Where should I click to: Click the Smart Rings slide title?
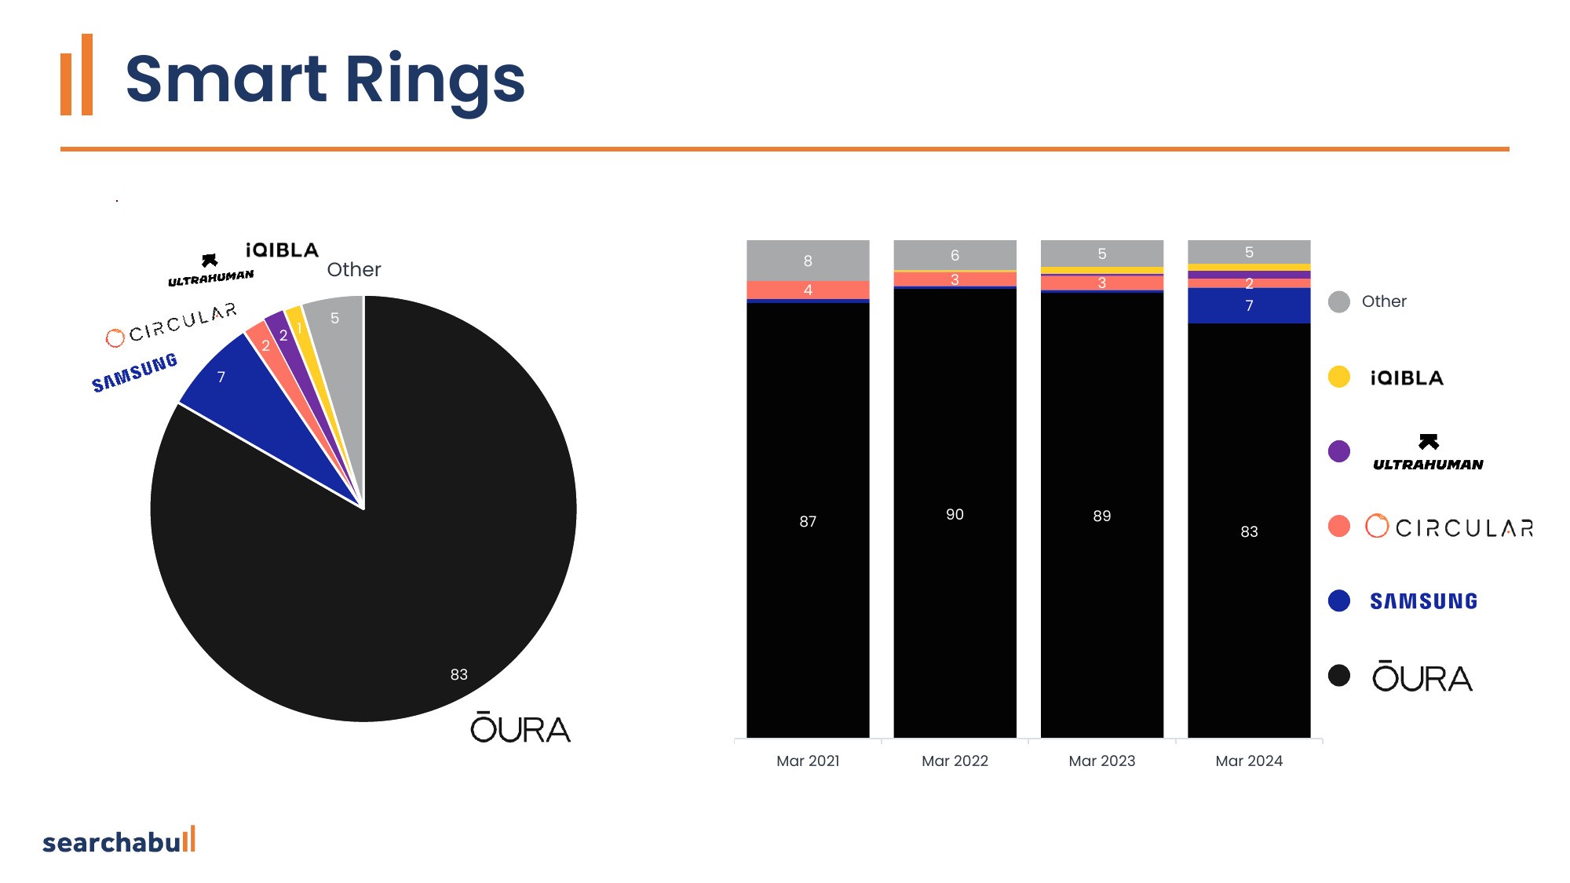click(x=325, y=79)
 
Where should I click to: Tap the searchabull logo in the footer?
click(x=119, y=841)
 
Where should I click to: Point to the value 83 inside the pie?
click(x=459, y=674)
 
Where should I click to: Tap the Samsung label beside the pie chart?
click(x=134, y=372)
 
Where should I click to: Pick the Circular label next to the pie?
click(x=171, y=324)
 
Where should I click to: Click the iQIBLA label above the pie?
click(x=282, y=250)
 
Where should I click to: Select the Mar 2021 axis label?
click(x=808, y=761)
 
